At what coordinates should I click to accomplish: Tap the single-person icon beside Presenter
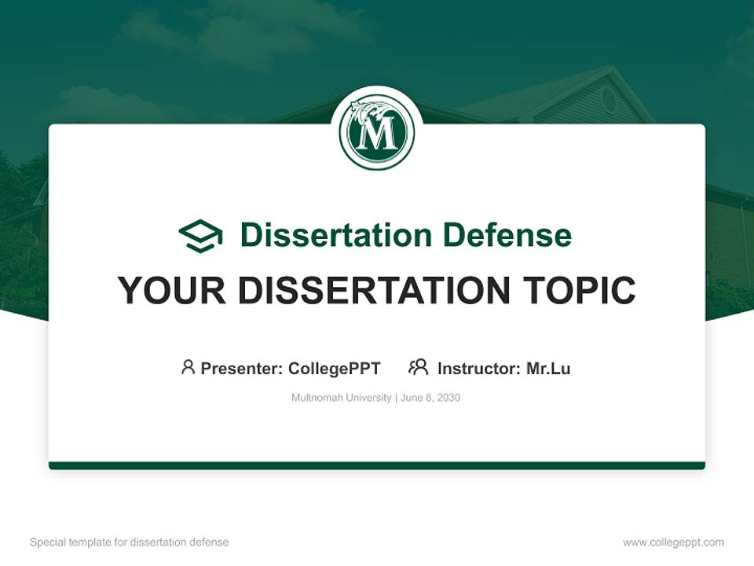pos(188,367)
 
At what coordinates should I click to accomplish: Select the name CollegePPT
pos(335,369)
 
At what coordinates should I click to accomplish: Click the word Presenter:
pos(242,369)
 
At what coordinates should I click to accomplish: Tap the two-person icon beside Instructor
pos(418,367)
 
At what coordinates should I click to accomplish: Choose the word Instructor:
pos(479,369)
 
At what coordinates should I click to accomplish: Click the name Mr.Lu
pos(548,369)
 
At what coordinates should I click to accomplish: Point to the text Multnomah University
pos(341,398)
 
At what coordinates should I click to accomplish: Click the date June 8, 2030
pos(430,398)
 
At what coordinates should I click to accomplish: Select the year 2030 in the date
pos(448,398)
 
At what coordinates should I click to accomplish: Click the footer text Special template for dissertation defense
pos(130,542)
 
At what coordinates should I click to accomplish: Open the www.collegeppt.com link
pos(673,542)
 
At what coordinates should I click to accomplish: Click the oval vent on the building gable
pos(608,99)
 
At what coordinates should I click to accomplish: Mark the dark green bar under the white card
pos(377,465)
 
